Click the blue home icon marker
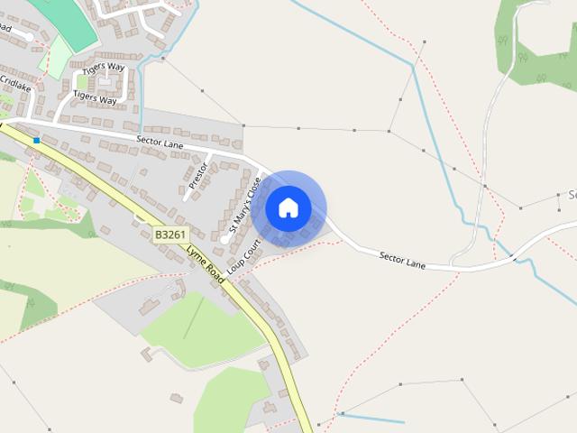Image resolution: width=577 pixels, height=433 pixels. pyautogui.click(x=288, y=208)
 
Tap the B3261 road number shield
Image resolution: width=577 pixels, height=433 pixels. pyautogui.click(x=170, y=235)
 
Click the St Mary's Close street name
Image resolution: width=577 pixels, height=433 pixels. pyautogui.click(x=244, y=206)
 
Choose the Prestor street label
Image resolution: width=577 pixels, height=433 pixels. pyautogui.click(x=197, y=175)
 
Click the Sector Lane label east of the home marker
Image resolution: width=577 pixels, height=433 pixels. pyautogui.click(x=402, y=259)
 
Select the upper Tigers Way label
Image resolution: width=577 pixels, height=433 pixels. pyautogui.click(x=105, y=68)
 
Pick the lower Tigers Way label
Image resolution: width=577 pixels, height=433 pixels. pyautogui.click(x=95, y=97)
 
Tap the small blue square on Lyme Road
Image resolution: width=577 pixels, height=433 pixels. pyautogui.click(x=36, y=141)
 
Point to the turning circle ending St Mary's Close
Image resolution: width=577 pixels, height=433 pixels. pyautogui.click(x=224, y=239)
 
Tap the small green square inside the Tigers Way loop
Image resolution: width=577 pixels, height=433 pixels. pyautogui.click(x=106, y=82)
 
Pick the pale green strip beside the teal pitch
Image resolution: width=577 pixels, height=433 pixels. pyautogui.click(x=57, y=57)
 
